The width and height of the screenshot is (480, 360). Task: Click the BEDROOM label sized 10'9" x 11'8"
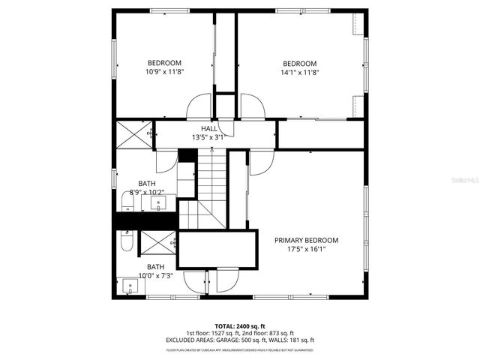coord(164,63)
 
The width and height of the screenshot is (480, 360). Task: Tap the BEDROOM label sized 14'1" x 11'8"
coord(299,63)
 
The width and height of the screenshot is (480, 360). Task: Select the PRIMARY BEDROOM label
coord(306,240)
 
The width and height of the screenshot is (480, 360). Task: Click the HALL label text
coord(208,129)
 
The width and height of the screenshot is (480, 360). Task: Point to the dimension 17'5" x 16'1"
coord(306,250)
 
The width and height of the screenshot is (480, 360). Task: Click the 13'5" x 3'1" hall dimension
coord(208,138)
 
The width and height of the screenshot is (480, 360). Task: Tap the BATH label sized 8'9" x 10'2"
coord(146,183)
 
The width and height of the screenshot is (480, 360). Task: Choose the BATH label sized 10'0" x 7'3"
coord(155,267)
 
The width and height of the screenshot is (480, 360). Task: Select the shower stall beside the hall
coord(133,135)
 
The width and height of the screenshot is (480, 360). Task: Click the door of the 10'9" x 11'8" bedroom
coord(199,106)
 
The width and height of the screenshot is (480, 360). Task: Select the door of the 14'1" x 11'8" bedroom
coord(252,106)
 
